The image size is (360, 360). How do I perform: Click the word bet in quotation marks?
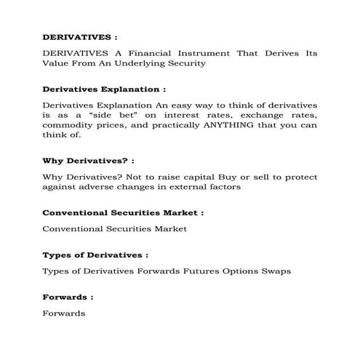click(137, 114)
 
